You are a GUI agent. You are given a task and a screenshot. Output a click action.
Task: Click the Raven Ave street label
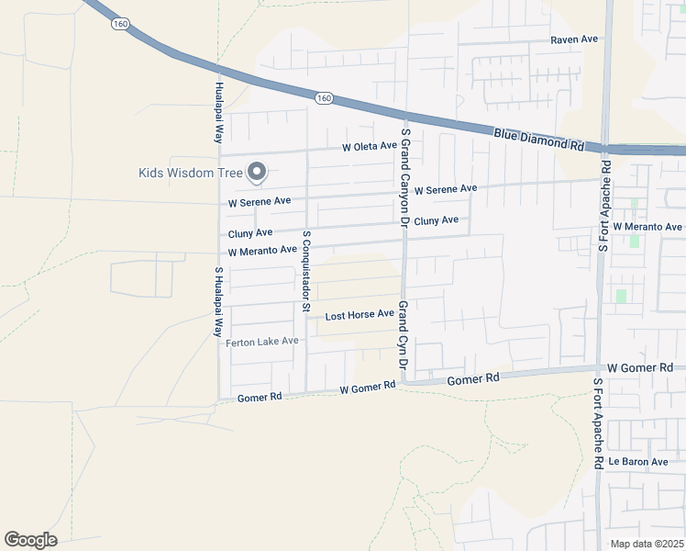click(574, 39)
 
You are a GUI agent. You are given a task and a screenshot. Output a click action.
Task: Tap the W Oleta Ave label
click(369, 146)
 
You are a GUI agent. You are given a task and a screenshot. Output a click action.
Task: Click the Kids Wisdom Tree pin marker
click(258, 172)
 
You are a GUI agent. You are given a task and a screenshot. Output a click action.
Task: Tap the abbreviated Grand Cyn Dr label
click(402, 341)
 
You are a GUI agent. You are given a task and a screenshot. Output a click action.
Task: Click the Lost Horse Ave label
click(360, 314)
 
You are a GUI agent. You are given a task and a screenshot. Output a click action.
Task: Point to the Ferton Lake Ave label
click(262, 341)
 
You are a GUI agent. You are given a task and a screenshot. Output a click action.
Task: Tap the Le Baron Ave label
click(638, 461)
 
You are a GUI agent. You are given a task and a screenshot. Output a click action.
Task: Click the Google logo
click(30, 540)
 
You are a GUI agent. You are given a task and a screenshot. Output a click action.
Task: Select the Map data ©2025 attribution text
click(647, 544)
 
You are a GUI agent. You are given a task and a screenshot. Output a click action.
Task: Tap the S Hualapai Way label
click(218, 302)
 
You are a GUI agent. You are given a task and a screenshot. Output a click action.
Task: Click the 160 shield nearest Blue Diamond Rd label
click(323, 97)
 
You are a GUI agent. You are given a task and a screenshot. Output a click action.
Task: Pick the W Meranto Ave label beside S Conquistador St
click(262, 250)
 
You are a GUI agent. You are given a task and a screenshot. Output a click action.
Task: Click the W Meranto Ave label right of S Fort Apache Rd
click(647, 227)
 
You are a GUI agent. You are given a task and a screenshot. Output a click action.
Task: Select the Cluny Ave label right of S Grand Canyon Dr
click(436, 220)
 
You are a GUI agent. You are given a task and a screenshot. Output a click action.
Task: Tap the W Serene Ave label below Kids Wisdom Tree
click(260, 200)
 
